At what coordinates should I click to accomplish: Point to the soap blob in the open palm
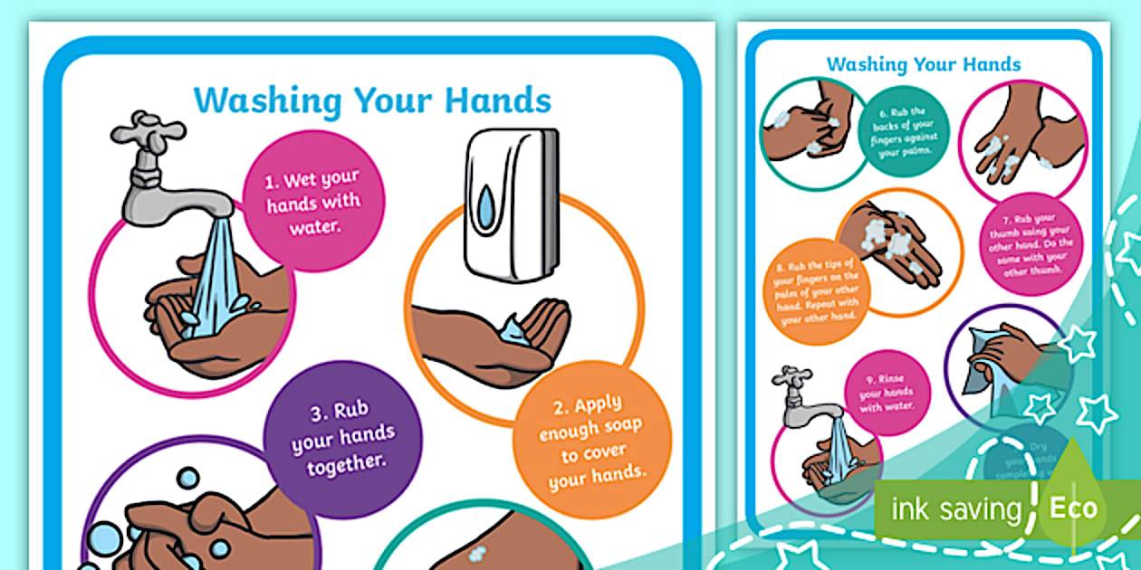[514, 328]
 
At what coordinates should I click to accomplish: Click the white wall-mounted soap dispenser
[512, 205]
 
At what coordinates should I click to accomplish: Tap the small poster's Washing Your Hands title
[923, 64]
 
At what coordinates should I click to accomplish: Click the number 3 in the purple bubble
[318, 414]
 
